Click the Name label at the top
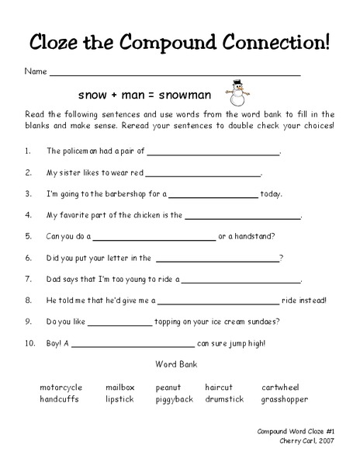click(x=36, y=71)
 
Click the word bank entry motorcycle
click(x=61, y=387)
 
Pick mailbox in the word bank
click(x=120, y=387)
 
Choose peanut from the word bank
click(x=168, y=387)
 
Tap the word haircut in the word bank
click(x=219, y=387)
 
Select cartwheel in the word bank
click(x=280, y=387)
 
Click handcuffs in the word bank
click(x=60, y=399)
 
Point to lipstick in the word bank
click(x=119, y=399)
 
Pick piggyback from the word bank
click(x=174, y=399)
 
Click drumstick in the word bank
click(x=224, y=399)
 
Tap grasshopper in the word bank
click(x=284, y=399)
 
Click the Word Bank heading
click(x=176, y=363)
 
